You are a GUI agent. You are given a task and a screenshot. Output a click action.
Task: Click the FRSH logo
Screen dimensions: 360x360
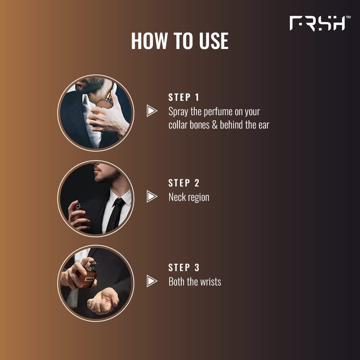click(x=317, y=23)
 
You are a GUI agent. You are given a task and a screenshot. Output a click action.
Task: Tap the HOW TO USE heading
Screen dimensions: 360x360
click(x=180, y=41)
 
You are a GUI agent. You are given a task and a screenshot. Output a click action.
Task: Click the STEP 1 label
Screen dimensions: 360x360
click(x=184, y=97)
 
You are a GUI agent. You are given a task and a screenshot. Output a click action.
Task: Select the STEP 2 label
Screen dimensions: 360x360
click(x=184, y=183)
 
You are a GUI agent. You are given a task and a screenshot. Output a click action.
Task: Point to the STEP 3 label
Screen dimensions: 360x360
click(x=184, y=267)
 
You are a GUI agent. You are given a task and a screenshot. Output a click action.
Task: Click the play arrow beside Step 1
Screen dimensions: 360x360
click(x=152, y=111)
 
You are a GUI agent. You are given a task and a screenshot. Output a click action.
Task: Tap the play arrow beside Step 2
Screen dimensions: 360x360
click(x=152, y=197)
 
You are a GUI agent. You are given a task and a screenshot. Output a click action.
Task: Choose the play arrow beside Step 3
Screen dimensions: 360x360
click(x=152, y=281)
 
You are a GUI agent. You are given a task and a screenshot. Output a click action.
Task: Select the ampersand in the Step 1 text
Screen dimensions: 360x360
click(x=215, y=125)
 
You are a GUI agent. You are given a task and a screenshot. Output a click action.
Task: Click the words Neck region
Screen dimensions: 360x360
click(x=189, y=197)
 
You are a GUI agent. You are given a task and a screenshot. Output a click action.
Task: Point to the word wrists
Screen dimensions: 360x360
click(x=209, y=282)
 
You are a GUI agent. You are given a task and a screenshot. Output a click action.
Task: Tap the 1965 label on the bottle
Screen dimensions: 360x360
click(x=89, y=279)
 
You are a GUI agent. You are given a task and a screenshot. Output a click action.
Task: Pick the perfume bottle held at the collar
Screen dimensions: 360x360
click(x=105, y=101)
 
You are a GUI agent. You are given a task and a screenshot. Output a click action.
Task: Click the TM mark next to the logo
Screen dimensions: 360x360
click(x=348, y=17)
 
